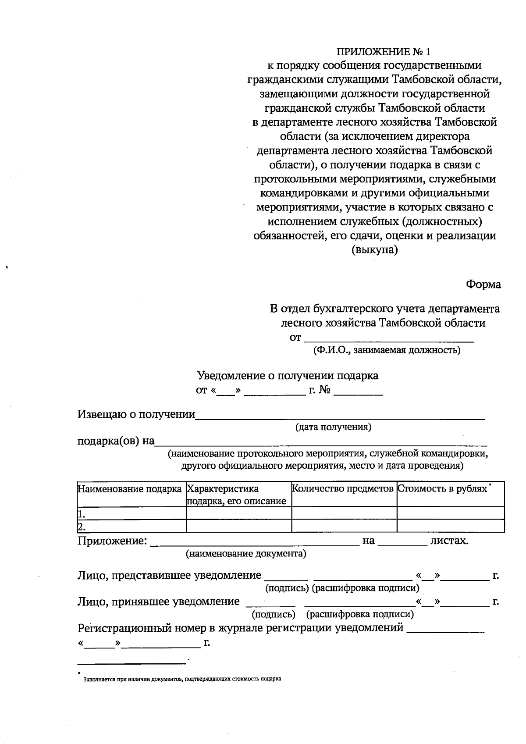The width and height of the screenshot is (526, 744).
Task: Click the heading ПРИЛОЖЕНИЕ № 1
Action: [x=384, y=52]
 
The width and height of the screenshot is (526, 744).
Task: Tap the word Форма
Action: [x=483, y=284]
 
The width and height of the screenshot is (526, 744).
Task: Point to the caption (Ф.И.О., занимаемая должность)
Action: [x=386, y=350]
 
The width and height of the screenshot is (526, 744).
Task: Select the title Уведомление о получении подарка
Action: [x=288, y=376]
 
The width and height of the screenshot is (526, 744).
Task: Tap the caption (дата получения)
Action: [x=333, y=427]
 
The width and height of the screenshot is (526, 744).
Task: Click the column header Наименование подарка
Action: [x=130, y=489]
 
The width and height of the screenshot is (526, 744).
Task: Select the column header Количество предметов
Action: [x=343, y=488]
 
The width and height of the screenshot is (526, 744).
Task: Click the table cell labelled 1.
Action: [x=131, y=513]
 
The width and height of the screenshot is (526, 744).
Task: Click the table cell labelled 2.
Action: [x=131, y=526]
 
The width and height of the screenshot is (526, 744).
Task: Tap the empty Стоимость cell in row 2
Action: [x=450, y=526]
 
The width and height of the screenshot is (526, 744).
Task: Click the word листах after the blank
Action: [x=449, y=541]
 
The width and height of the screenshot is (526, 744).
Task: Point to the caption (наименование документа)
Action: [x=246, y=554]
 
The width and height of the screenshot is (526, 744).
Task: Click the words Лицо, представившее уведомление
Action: [x=169, y=575]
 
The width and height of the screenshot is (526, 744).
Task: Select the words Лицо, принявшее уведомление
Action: [x=159, y=602]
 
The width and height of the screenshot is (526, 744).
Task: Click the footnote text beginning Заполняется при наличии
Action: [x=182, y=679]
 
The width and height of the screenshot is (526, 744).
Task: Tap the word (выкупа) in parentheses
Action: [x=375, y=250]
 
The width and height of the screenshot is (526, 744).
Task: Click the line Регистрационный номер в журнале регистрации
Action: [x=240, y=628]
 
